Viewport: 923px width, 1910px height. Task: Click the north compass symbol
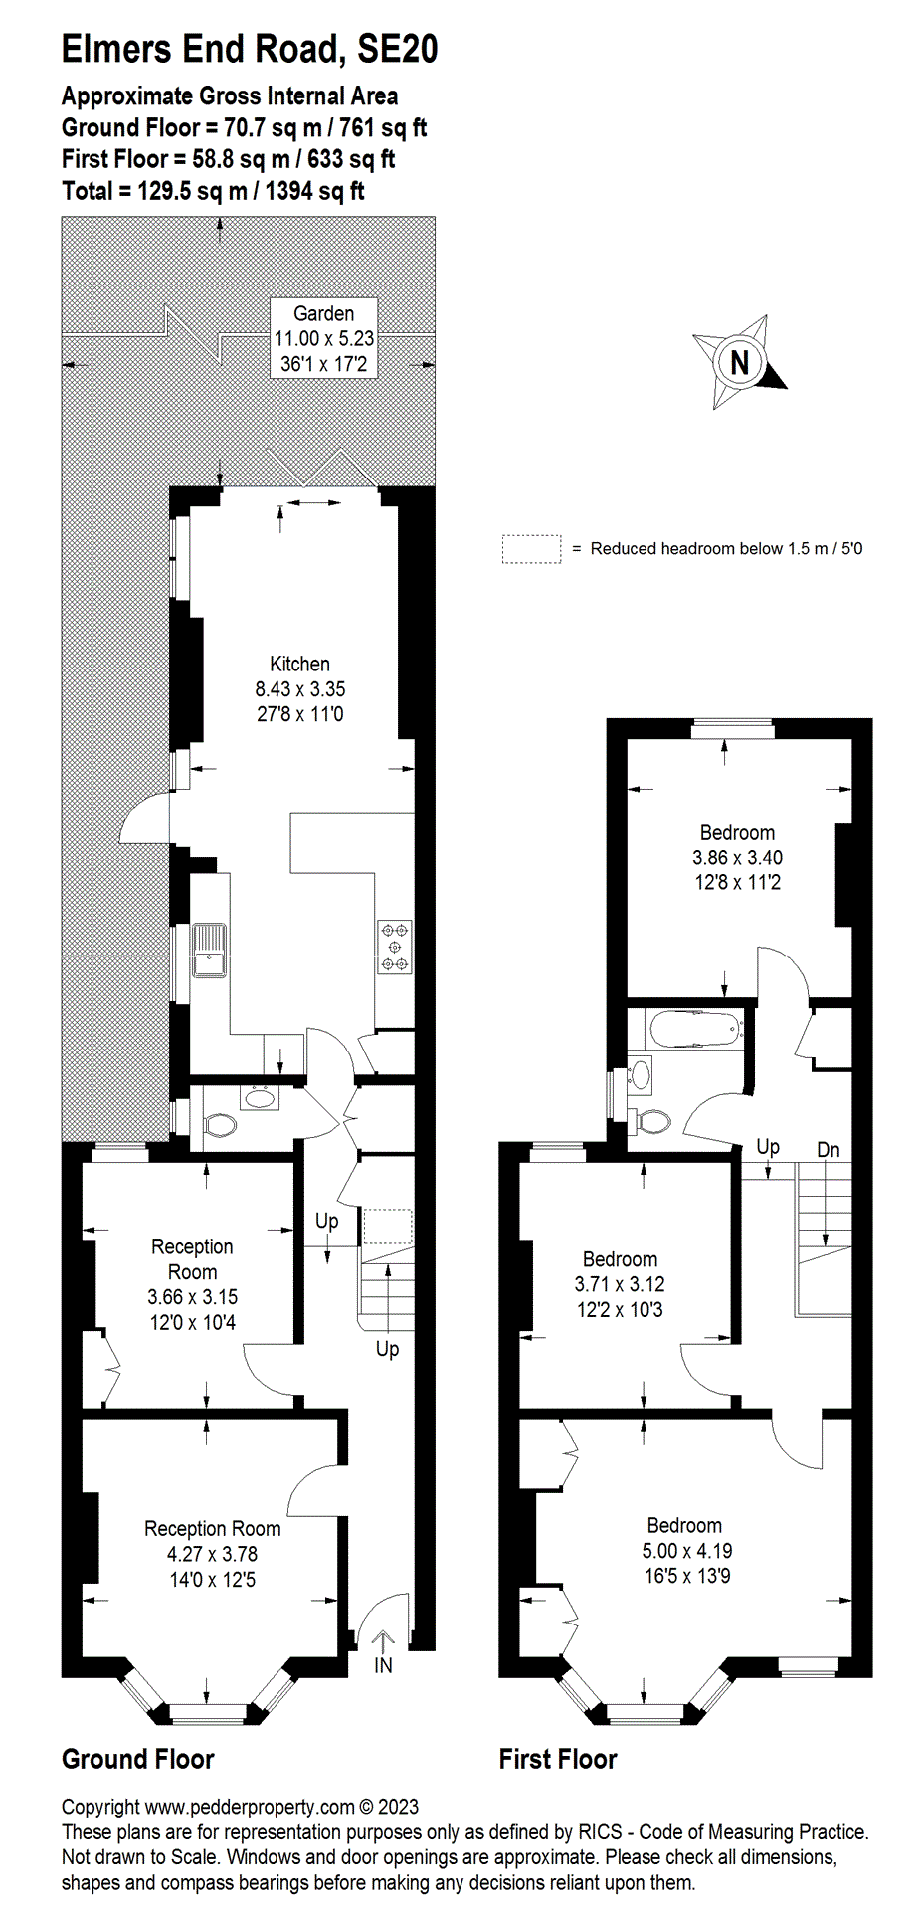[x=740, y=362]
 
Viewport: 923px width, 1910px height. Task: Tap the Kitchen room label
[x=299, y=664]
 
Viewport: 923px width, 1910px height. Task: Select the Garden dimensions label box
[x=324, y=338]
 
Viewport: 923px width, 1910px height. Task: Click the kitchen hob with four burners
[x=395, y=946]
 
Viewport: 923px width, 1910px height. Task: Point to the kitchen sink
[x=210, y=952]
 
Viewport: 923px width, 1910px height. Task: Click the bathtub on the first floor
[x=695, y=1029]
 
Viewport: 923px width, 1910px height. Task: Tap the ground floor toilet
[x=219, y=1125]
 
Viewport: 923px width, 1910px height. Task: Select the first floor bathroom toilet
[x=652, y=1121]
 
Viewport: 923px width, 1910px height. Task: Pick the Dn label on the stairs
[x=829, y=1150]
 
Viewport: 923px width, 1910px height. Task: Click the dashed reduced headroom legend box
[x=531, y=549]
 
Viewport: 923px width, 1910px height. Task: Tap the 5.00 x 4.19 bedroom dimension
[x=687, y=1550]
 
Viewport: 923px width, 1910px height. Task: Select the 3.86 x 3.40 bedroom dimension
[x=737, y=858]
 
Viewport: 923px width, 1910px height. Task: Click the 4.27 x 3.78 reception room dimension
[x=212, y=1554]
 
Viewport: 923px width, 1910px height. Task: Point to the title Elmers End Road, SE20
[x=250, y=48]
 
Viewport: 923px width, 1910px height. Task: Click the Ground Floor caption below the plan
[x=138, y=1760]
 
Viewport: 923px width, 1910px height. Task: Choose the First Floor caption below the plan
[x=558, y=1760]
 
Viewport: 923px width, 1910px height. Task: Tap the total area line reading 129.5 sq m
[x=213, y=191]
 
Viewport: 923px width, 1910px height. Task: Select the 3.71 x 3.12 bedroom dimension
[x=620, y=1284]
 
